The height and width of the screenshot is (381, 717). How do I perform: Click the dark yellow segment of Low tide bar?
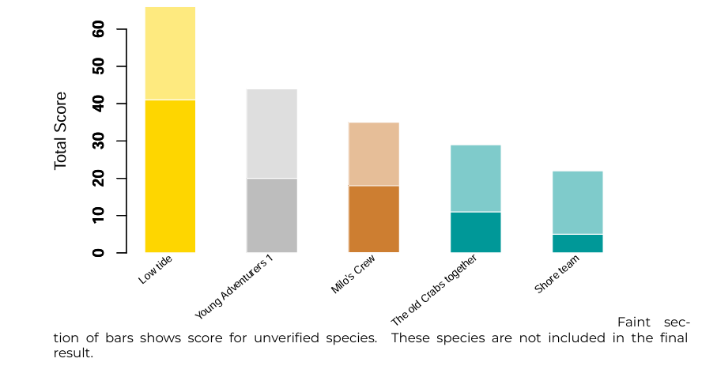170,175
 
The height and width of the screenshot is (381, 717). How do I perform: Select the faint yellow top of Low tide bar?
170,54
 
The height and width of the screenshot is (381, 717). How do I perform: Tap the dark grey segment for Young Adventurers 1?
272,215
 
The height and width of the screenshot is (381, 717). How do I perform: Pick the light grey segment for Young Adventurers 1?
272,134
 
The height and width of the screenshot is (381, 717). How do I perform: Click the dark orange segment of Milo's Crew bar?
374,219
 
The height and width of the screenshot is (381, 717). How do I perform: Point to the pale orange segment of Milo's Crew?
374,154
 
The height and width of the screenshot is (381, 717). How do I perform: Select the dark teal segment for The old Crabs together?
476,232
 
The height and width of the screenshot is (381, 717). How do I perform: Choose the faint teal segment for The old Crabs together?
476,179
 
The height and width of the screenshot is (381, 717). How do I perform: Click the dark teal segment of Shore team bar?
578,243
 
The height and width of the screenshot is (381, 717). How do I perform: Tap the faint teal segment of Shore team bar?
578,202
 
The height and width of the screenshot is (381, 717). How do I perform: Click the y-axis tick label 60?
99,29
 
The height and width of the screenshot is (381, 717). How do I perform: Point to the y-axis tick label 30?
99,141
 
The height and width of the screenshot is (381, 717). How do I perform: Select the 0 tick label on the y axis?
99,253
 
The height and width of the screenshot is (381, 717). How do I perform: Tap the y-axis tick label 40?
99,104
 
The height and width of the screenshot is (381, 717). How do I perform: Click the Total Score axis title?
61,130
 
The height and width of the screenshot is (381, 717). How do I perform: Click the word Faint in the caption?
633,323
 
